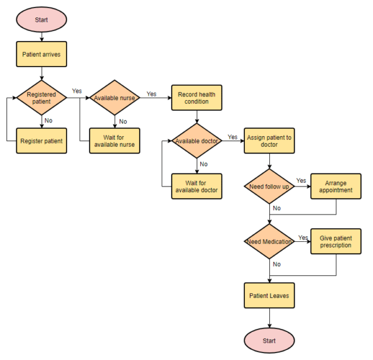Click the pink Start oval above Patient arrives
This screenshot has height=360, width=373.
41,20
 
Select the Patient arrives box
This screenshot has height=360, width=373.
41,54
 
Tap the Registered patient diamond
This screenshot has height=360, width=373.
41,98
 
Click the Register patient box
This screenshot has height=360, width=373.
41,141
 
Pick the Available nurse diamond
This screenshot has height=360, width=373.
114,98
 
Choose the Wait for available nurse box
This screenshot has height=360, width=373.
114,141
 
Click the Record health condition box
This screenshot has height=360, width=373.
196,98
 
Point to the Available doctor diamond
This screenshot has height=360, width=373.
196,141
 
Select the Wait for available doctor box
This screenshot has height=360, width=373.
196,185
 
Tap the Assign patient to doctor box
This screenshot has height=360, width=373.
269,141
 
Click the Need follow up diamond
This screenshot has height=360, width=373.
269,187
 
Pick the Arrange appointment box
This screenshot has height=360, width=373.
336,186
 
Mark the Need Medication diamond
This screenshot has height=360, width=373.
269,241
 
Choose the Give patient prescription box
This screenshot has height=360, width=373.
336,241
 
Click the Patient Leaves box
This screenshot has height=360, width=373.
269,295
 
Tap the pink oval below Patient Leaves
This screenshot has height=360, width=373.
269,340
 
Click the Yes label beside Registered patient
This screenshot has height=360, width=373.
77,91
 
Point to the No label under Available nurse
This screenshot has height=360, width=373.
122,121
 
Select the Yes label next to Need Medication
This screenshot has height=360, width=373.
303,238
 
